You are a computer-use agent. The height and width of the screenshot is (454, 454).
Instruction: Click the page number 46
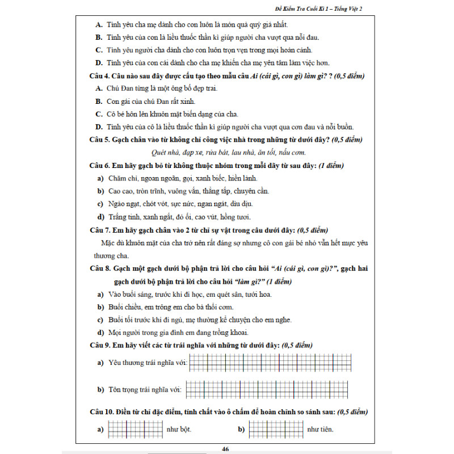click(x=226, y=449)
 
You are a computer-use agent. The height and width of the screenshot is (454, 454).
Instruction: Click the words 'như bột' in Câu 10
click(x=179, y=430)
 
